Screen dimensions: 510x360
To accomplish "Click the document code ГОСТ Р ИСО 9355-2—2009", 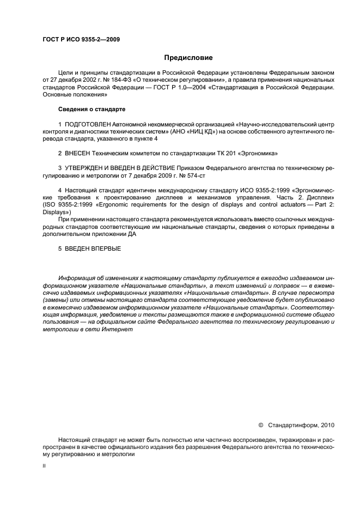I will click(x=81, y=39).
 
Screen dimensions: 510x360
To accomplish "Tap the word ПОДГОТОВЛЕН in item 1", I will click(x=87, y=125).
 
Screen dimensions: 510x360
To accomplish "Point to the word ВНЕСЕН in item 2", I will click(x=77, y=153).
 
